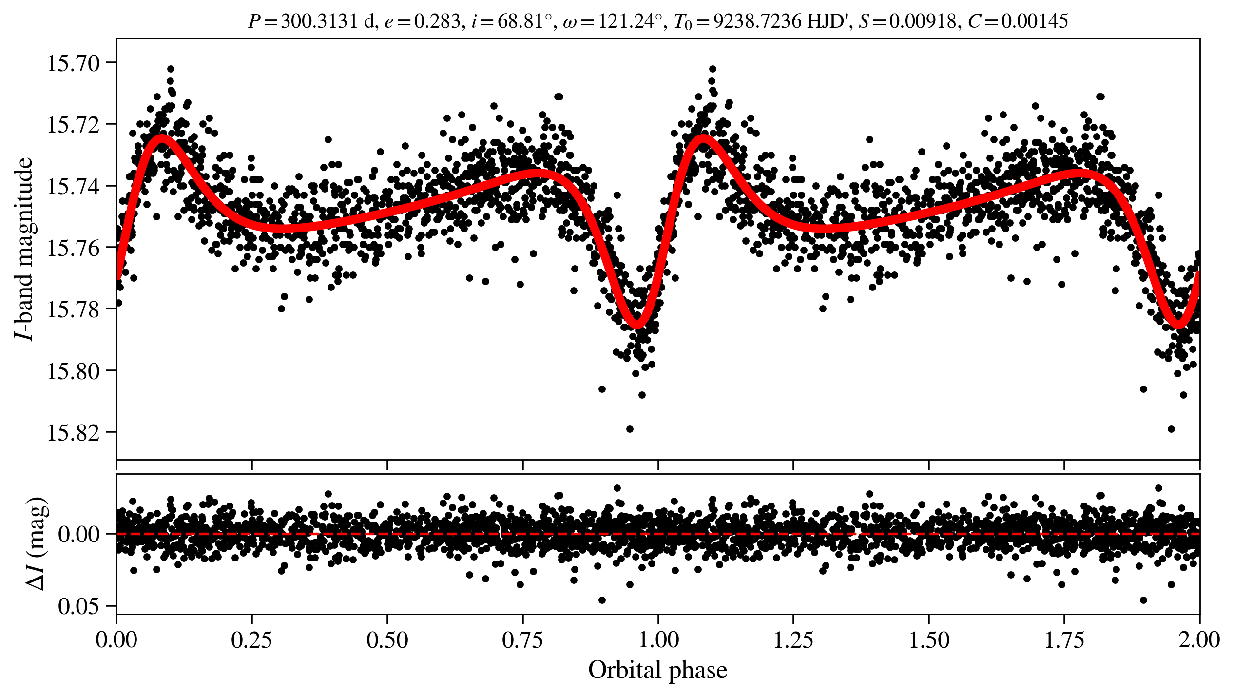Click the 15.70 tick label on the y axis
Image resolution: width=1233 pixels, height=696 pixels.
(x=74, y=64)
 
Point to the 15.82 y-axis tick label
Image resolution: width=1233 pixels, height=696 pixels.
(x=74, y=432)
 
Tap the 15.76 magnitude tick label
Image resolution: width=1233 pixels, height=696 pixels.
(x=74, y=248)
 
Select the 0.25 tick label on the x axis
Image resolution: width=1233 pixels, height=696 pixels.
(x=251, y=640)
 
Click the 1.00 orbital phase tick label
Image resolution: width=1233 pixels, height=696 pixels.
(x=658, y=640)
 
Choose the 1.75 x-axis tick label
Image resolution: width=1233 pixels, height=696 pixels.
(x=1064, y=640)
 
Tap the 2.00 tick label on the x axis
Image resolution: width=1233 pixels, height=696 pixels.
(x=1199, y=640)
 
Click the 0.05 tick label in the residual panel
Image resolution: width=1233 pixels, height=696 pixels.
(x=78, y=607)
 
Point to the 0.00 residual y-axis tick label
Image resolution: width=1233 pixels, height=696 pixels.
(x=78, y=535)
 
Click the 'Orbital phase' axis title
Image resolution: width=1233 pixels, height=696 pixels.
(x=657, y=670)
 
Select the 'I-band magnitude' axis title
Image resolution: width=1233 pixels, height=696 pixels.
(x=24, y=249)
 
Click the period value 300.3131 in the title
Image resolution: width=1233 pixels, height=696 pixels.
(x=319, y=21)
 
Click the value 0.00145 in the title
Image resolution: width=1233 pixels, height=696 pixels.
(x=1034, y=21)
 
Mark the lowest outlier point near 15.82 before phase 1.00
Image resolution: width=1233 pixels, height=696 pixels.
(x=630, y=429)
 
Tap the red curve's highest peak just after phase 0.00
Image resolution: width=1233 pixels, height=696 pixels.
(x=161, y=138)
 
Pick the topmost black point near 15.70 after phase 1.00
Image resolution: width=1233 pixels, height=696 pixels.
(x=713, y=69)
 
